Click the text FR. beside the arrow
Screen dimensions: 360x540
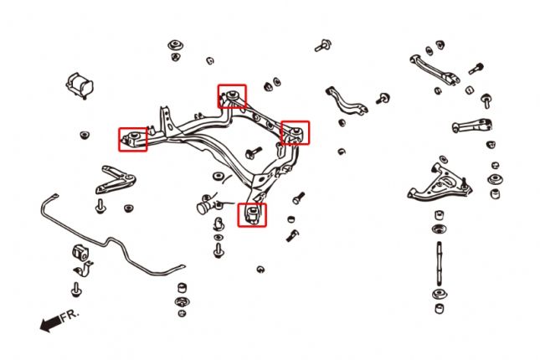tap(69, 316)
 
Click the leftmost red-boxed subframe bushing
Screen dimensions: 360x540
tap(133, 138)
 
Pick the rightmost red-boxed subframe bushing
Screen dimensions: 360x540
tap(295, 132)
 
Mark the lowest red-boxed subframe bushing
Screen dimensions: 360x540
tap(252, 215)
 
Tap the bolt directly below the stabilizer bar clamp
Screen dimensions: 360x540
tap(77, 289)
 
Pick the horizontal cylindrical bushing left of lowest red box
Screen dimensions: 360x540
tap(207, 203)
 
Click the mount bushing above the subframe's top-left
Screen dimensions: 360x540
tap(176, 48)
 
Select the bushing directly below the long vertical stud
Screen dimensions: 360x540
tap(437, 299)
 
